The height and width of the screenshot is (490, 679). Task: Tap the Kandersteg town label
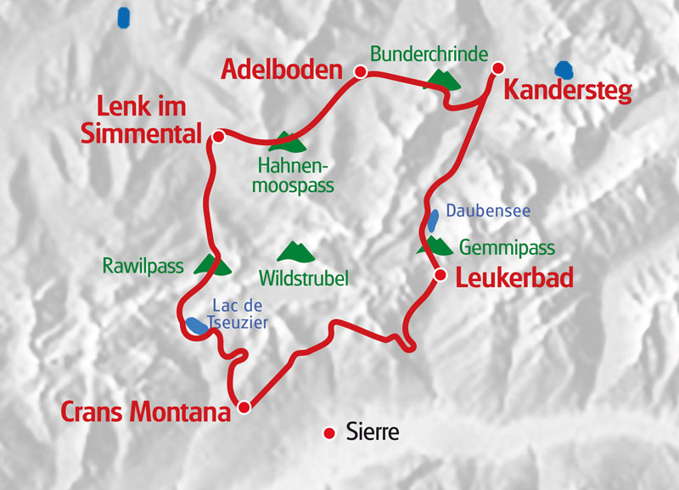[x=568, y=91]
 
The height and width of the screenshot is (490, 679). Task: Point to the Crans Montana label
[x=146, y=413]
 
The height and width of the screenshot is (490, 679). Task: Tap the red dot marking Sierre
[x=330, y=434]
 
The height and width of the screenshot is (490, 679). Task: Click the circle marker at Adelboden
[x=360, y=73]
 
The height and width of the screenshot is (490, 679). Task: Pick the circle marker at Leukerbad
[x=441, y=274]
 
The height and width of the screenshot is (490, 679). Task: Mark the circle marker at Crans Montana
[x=244, y=407]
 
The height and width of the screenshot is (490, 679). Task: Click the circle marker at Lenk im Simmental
[x=218, y=136]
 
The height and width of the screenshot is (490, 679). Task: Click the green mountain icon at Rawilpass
[x=212, y=265]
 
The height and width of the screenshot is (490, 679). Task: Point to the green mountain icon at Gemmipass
[x=435, y=246]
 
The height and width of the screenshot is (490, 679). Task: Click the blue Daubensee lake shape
[x=432, y=220]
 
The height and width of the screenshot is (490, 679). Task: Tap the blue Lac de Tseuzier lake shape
[x=196, y=325]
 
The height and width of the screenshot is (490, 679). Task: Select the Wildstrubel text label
[x=304, y=278]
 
